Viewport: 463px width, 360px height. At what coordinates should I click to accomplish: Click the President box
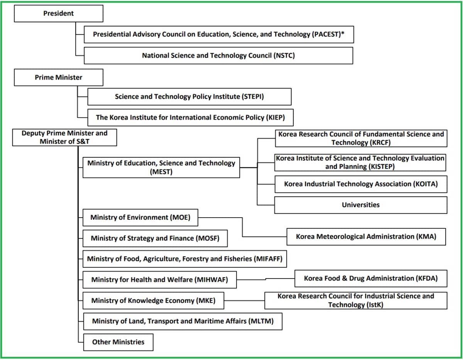pyautogui.click(x=59, y=14)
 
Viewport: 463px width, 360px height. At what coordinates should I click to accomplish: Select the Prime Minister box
pyautogui.click(x=59, y=77)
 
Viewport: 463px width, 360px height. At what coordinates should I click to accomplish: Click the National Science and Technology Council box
pyautogui.click(x=218, y=56)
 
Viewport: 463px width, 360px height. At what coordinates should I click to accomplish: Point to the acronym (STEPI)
pyautogui.click(x=253, y=96)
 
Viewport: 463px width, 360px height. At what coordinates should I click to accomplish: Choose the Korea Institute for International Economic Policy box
pyautogui.click(x=191, y=118)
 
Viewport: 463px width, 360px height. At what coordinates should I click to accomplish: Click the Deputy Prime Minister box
pyautogui.click(x=64, y=137)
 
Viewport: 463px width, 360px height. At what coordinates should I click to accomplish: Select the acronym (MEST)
pyautogui.click(x=161, y=172)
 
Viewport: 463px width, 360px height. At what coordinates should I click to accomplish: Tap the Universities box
pyautogui.click(x=361, y=205)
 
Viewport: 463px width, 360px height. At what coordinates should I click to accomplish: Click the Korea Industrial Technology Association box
pyautogui.click(x=361, y=184)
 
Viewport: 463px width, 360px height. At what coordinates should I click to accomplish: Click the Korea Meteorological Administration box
pyautogui.click(x=366, y=237)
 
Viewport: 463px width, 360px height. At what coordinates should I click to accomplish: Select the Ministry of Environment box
pyautogui.click(x=140, y=218)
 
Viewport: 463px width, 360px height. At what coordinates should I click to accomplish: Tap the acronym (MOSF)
pyautogui.click(x=208, y=238)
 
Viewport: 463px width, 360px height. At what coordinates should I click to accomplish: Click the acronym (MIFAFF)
pyautogui.click(x=268, y=259)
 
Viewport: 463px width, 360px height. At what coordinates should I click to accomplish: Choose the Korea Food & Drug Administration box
pyautogui.click(x=371, y=279)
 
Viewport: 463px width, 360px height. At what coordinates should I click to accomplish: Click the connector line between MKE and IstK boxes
pyautogui.click(x=244, y=301)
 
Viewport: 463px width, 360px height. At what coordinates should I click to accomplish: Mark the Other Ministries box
pyautogui.click(x=118, y=342)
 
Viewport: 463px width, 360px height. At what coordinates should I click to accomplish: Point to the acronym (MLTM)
pyautogui.click(x=261, y=321)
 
